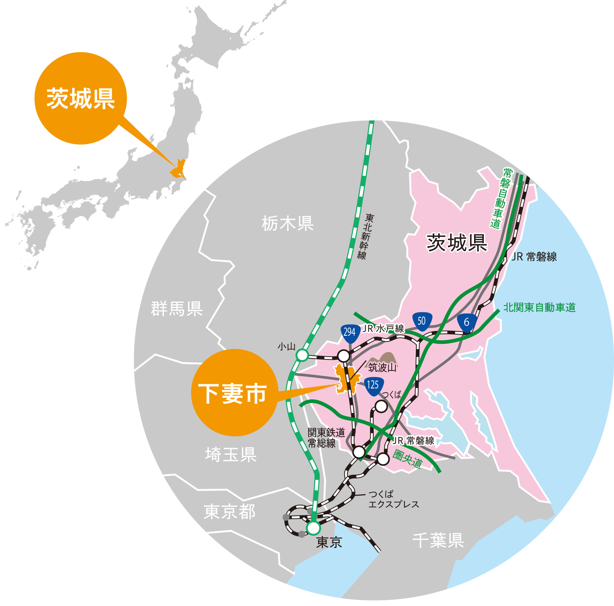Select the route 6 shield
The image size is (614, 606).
click(x=466, y=323)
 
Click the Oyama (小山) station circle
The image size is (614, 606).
click(x=302, y=355)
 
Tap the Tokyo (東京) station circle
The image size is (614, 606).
click(x=313, y=528)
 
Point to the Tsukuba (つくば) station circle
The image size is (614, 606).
click(x=381, y=406)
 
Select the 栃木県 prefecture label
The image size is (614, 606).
click(x=287, y=224)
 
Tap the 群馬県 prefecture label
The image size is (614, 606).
click(x=177, y=309)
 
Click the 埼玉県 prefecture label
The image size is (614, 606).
click(x=231, y=454)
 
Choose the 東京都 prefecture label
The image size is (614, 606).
click(x=230, y=512)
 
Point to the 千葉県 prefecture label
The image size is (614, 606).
click(x=438, y=541)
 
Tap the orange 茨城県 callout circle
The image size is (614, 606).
click(x=81, y=98)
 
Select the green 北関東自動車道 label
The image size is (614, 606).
click(x=540, y=307)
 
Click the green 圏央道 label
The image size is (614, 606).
click(x=407, y=459)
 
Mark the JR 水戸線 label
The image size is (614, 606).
click(x=384, y=328)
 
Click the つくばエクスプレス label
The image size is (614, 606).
click(x=393, y=499)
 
